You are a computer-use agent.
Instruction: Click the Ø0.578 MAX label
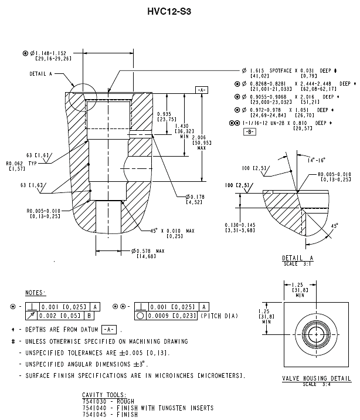point(150,251)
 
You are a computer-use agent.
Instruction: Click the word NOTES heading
point(37,292)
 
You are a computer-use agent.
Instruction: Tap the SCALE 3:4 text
point(314,384)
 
